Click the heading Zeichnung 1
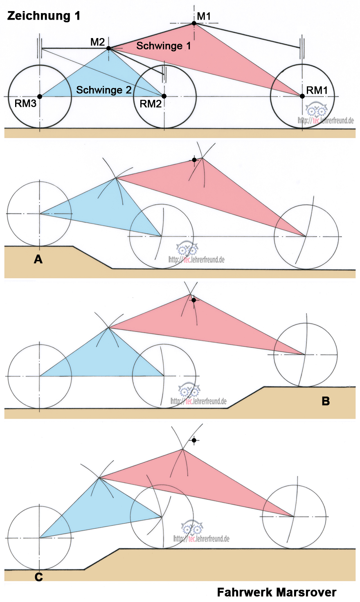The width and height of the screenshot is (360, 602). click(44, 16)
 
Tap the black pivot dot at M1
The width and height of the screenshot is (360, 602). click(194, 23)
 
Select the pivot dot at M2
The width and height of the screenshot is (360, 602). click(108, 48)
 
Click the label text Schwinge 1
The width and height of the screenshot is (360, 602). click(163, 46)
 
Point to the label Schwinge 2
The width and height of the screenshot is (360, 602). click(104, 90)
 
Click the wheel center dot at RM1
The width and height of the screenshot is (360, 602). click(302, 96)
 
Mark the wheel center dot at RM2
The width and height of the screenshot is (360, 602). click(164, 96)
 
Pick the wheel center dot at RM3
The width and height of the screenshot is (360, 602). click(40, 97)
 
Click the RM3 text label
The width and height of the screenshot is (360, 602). click(25, 104)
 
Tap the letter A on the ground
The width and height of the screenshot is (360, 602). click(38, 259)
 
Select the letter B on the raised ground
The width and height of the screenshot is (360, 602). click(326, 401)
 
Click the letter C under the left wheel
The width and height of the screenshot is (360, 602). click(38, 577)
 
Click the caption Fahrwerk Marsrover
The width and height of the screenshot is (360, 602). click(277, 592)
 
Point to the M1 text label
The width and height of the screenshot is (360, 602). click(204, 16)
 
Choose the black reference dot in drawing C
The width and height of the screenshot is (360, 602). click(194, 440)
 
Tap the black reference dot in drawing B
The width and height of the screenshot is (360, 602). click(194, 300)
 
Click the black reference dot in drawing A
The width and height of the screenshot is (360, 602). click(194, 160)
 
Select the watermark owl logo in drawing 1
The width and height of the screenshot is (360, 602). click(317, 110)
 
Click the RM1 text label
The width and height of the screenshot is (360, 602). click(317, 90)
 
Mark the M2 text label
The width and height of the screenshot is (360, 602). click(97, 42)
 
